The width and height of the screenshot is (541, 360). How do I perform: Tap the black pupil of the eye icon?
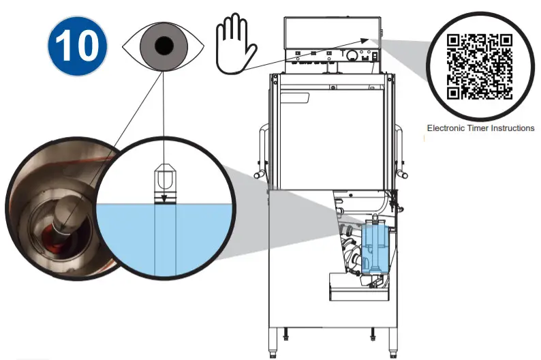tap(164, 46)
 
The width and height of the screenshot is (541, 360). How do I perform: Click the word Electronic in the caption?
tap(446, 128)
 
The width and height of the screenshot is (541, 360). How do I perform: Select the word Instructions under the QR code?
tap(514, 128)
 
